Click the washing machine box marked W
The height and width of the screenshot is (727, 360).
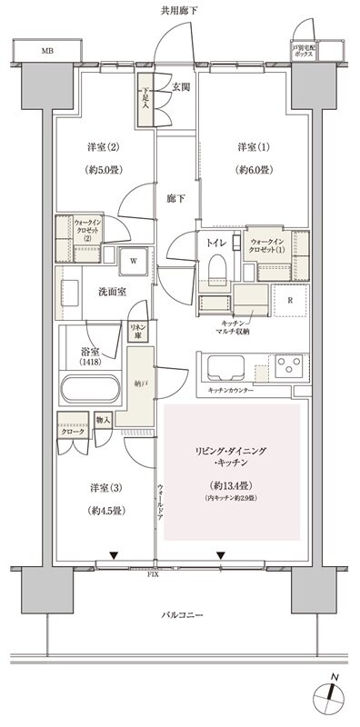coord(133,260)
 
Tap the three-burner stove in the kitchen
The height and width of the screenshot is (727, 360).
coord(288,367)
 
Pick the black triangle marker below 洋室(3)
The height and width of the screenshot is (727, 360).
coord(114,554)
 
